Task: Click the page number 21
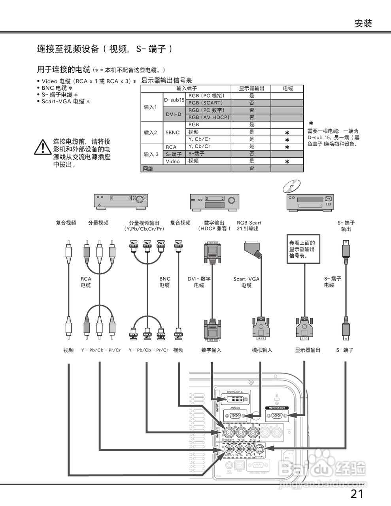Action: click(357, 494)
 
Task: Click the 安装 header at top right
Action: click(363, 23)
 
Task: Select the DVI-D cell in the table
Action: click(174, 114)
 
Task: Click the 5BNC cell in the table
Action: click(172, 132)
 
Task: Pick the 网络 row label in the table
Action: click(147, 169)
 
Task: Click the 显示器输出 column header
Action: click(251, 89)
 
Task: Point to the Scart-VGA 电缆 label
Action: click(246, 282)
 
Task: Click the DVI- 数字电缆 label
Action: click(199, 282)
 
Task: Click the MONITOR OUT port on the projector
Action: click(277, 415)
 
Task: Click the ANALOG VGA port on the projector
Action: click(235, 415)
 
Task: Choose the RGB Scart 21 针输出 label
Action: click(249, 226)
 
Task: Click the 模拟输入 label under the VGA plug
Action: click(262, 350)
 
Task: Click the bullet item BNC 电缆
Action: click(57, 88)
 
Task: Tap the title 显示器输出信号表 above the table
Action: click(166, 80)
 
